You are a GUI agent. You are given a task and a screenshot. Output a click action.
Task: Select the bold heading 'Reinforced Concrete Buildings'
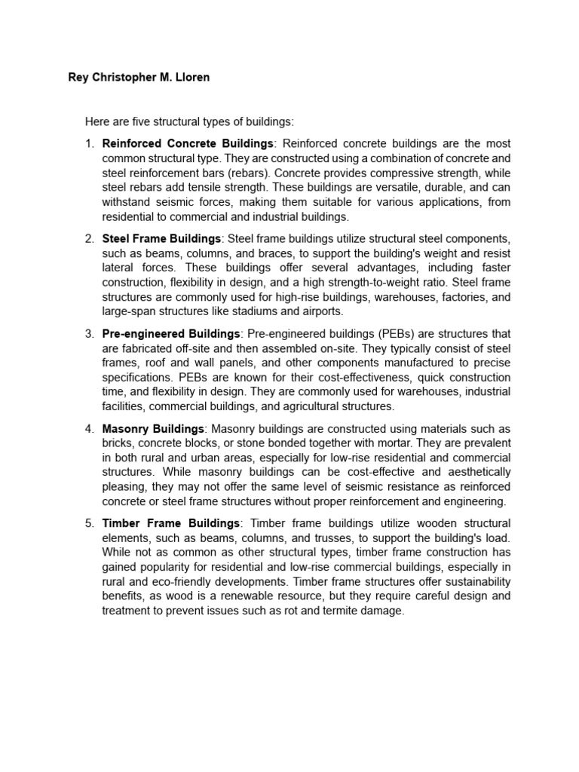pos(188,143)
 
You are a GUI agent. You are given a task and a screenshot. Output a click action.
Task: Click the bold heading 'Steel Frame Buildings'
pos(162,238)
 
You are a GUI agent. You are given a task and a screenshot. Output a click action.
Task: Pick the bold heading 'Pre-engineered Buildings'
pos(171,333)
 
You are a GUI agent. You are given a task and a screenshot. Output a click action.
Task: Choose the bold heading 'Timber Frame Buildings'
pos(171,523)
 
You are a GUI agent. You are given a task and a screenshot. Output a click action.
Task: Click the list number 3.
pos(89,333)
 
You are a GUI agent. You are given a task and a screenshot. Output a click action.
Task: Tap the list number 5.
pos(89,523)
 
